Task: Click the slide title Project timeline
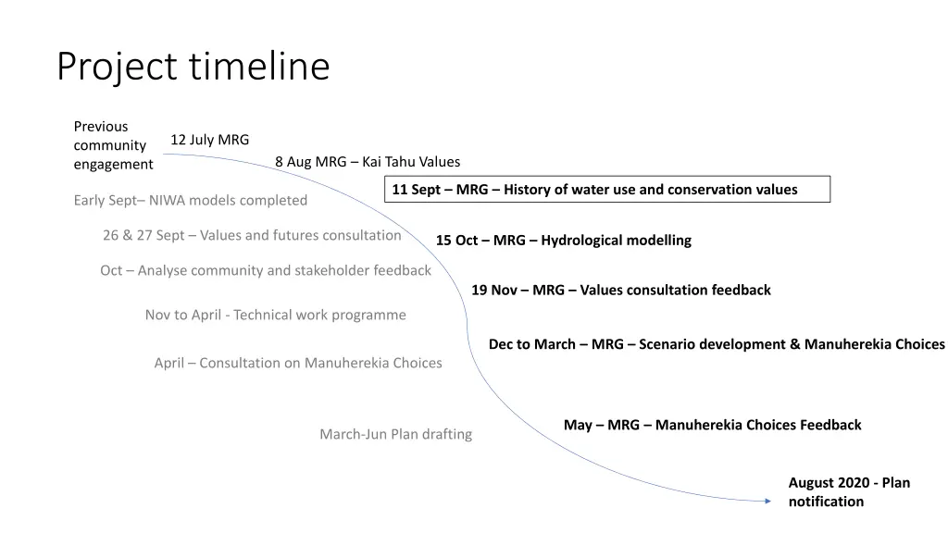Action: click(x=193, y=67)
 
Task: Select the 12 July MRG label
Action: click(x=209, y=140)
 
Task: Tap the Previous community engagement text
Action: click(x=113, y=145)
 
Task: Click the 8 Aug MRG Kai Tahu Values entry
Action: click(x=367, y=162)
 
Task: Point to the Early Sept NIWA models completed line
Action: click(x=190, y=200)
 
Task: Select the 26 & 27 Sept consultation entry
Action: click(x=252, y=235)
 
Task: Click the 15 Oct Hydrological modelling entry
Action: click(x=563, y=241)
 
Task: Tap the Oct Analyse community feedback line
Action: click(x=265, y=270)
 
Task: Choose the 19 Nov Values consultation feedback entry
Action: click(x=620, y=290)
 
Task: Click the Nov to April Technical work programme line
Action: click(x=275, y=315)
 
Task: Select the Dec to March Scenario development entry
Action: click(x=716, y=344)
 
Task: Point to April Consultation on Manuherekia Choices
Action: click(x=297, y=363)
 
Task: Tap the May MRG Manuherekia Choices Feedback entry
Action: click(x=712, y=425)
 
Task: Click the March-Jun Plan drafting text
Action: click(x=395, y=434)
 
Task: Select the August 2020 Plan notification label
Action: click(x=848, y=492)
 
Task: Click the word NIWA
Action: click(x=168, y=200)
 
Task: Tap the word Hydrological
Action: click(x=581, y=241)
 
